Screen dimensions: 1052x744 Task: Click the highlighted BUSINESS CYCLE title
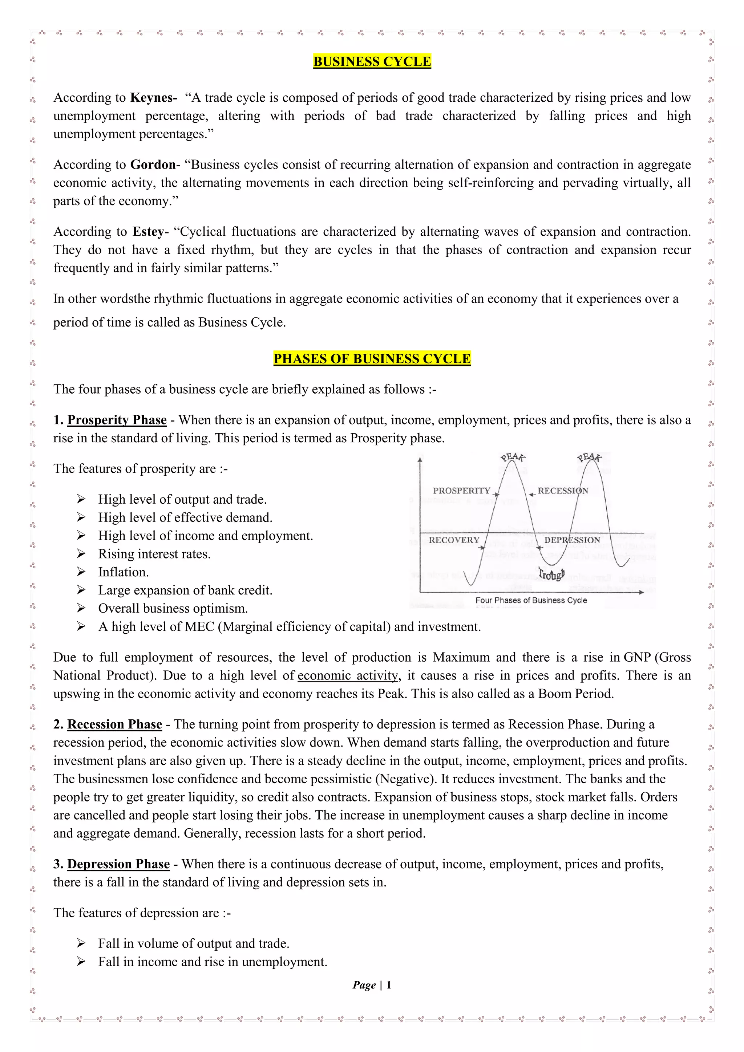click(372, 61)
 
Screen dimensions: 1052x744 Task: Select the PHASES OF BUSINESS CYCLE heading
click(372, 358)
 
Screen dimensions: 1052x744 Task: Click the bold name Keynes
click(153, 98)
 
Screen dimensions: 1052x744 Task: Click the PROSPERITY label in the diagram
click(461, 490)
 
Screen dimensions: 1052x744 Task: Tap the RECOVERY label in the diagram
click(453, 540)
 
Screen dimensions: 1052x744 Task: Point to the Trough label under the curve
click(551, 574)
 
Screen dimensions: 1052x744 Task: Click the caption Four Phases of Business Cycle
click(531, 600)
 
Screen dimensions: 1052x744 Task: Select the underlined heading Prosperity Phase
click(117, 420)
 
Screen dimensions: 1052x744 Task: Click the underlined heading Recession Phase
click(114, 724)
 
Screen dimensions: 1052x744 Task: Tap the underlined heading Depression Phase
click(118, 864)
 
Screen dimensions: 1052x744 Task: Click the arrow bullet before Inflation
click(81, 572)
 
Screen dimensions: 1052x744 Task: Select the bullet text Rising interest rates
click(154, 554)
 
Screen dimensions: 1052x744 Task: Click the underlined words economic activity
click(348, 675)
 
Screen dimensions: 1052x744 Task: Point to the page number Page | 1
click(372, 985)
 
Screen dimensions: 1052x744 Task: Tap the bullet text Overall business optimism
click(173, 609)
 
